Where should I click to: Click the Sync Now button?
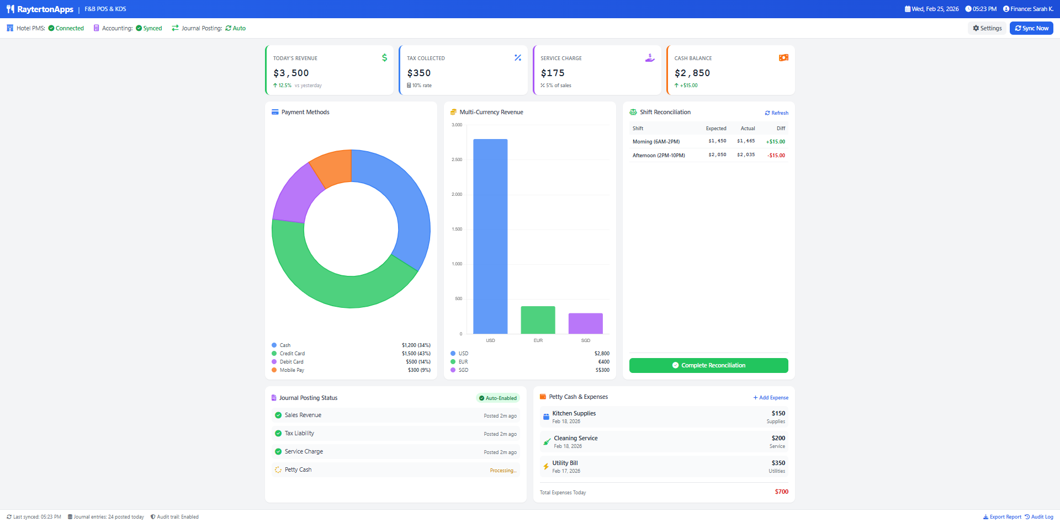1031,28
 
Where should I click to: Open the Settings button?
987,28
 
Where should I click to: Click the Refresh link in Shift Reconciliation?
776,113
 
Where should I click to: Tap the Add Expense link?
771,398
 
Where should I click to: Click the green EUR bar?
538,320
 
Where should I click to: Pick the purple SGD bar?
585,323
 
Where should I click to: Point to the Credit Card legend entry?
292,354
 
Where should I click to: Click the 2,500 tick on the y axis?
457,160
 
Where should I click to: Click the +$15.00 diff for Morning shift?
775,142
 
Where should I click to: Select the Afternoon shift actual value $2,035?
746,155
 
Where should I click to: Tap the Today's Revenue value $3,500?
291,73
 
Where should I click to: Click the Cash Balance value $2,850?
692,73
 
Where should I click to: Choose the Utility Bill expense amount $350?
778,463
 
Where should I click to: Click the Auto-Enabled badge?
497,398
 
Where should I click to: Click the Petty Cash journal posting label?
298,470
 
